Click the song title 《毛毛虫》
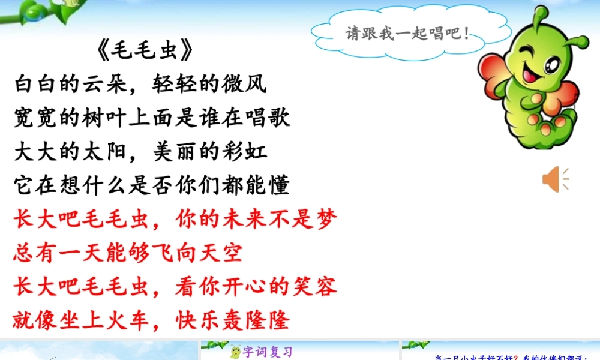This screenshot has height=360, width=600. point(146,51)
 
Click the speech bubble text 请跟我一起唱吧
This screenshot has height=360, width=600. point(407,33)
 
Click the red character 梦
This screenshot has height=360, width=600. point(326,220)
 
